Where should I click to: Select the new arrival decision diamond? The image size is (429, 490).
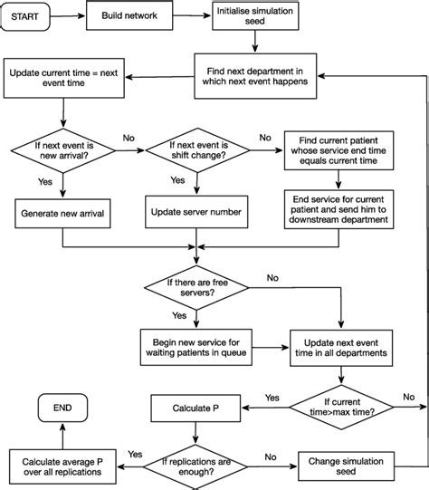pos(62,149)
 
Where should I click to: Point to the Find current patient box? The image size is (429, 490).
pos(338,150)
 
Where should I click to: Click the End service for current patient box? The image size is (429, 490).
pos(338,209)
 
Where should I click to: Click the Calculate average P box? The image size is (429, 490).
pos(62,468)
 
